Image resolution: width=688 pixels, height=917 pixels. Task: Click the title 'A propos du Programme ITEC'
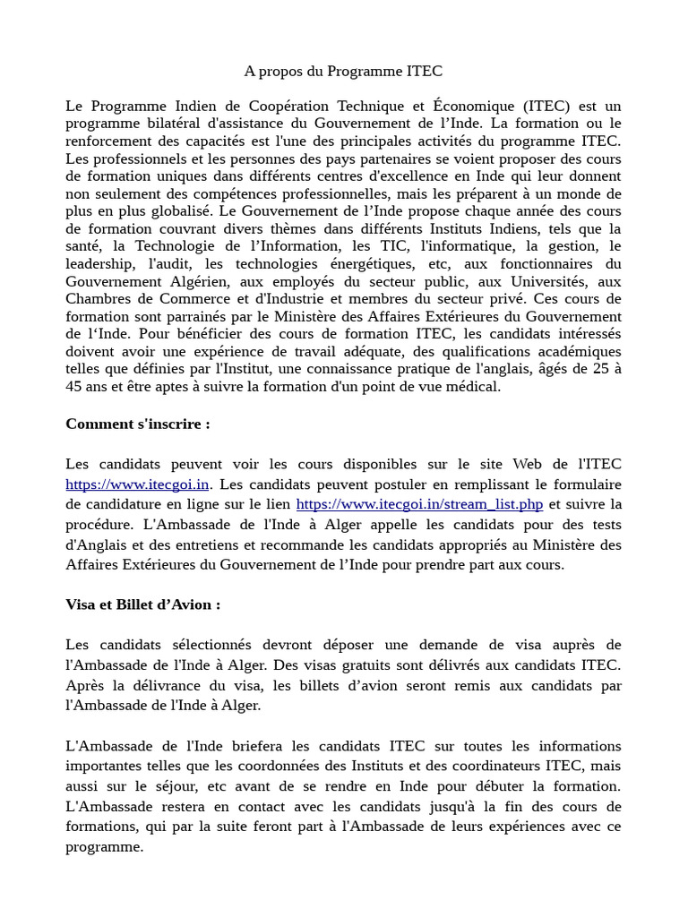(x=344, y=71)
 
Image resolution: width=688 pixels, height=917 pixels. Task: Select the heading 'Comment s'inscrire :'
(x=138, y=424)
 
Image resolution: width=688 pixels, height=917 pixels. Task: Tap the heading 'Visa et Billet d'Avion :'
(x=142, y=604)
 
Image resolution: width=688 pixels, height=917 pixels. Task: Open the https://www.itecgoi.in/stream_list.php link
(x=419, y=504)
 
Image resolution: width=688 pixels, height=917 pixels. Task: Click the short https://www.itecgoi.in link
(x=137, y=484)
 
